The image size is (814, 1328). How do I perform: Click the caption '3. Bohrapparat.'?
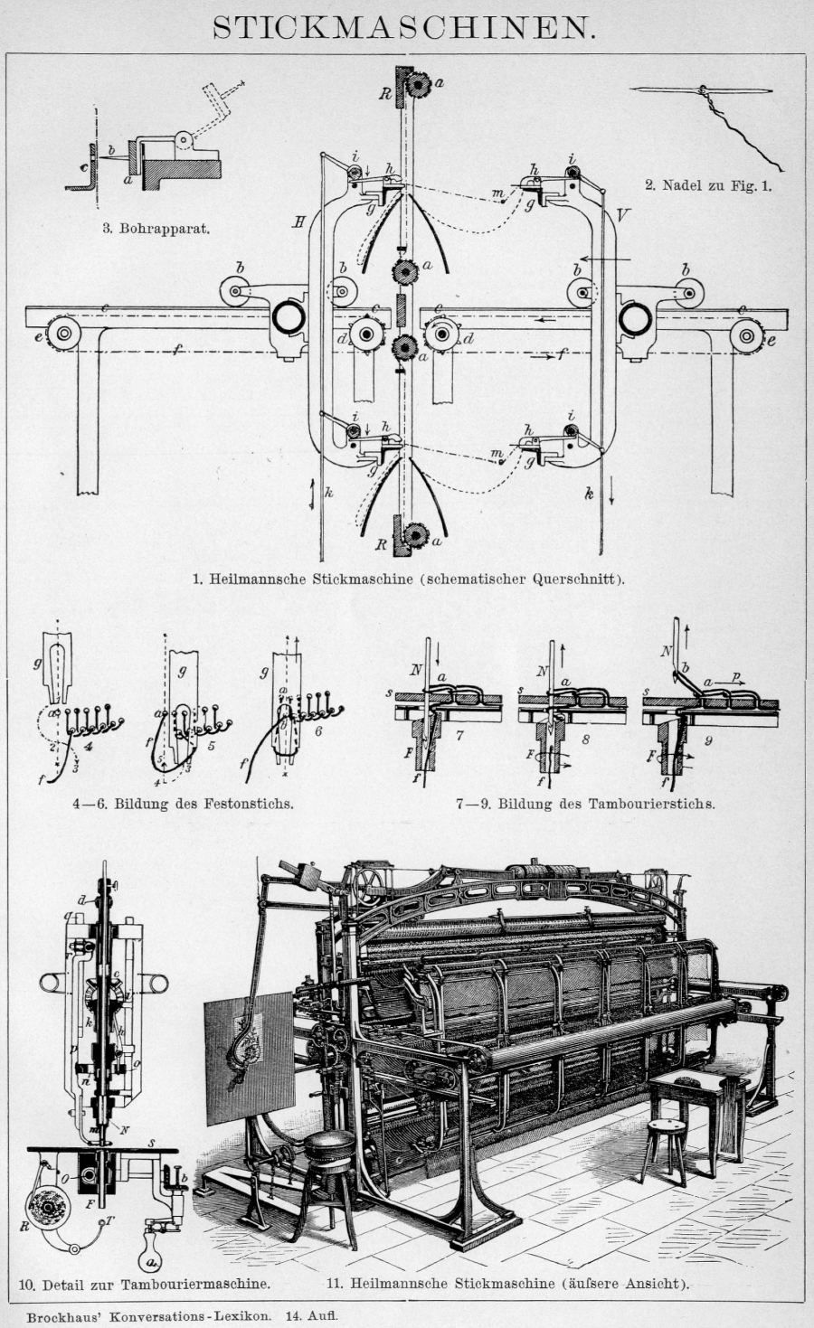pyautogui.click(x=155, y=228)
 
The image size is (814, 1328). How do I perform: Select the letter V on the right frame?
pyautogui.click(x=622, y=214)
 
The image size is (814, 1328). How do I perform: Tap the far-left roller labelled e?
pyautogui.click(x=64, y=334)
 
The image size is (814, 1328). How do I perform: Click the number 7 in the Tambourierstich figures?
pyautogui.click(x=459, y=736)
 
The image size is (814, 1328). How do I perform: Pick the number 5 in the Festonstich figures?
pyautogui.click(x=211, y=747)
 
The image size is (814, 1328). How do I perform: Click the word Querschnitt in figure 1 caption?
pyautogui.click(x=575, y=578)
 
